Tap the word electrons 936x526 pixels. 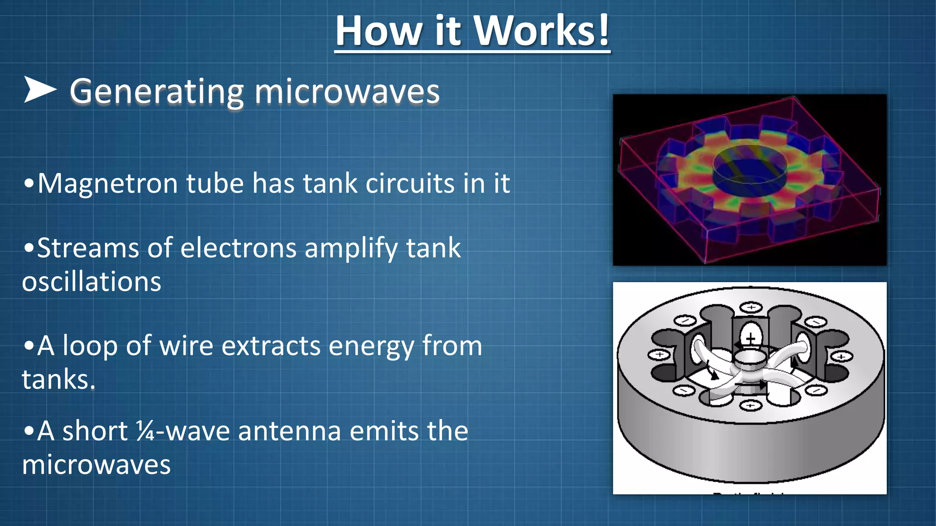pyautogui.click(x=239, y=248)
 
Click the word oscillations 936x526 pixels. pyautogui.click(x=91, y=282)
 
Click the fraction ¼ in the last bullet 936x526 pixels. pyautogui.click(x=145, y=431)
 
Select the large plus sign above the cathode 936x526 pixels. pyautogui.click(x=751, y=338)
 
